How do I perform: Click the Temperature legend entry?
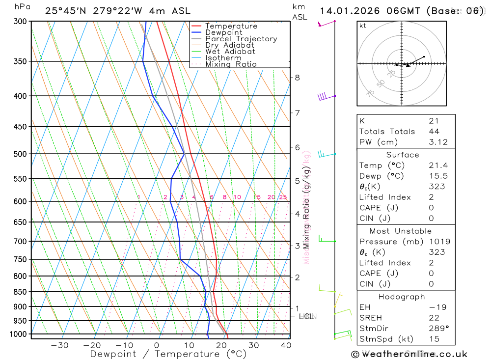[x=231, y=26]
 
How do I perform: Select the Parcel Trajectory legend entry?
[x=241, y=39]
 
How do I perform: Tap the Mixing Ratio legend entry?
[x=231, y=64]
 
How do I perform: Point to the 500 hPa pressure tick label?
[x=20, y=154]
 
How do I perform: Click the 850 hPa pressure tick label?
[x=20, y=292]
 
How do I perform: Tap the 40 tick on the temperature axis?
[x=286, y=345]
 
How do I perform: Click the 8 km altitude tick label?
[x=298, y=78]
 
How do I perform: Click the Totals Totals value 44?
[x=434, y=131]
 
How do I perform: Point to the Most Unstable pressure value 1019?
[x=437, y=241]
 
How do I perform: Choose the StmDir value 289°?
[x=437, y=329]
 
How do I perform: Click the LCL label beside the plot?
[x=306, y=316]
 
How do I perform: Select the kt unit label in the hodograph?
[x=363, y=26]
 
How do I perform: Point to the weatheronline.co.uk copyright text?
[x=409, y=354]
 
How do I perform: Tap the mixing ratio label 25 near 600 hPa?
[x=283, y=197]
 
